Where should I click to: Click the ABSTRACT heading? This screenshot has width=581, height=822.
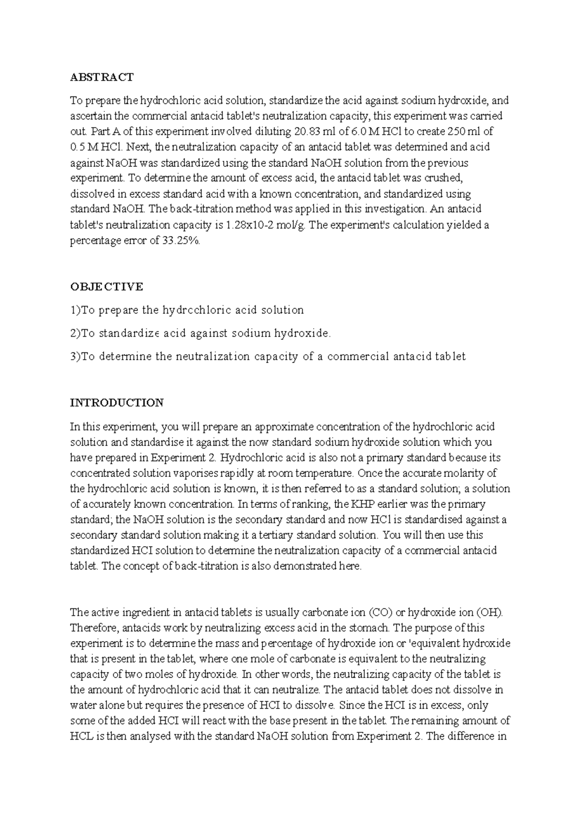click(102, 77)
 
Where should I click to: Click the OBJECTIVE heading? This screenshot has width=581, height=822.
click(107, 286)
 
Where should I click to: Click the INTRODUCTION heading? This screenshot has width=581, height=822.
click(117, 403)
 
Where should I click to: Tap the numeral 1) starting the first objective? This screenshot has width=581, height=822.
click(75, 310)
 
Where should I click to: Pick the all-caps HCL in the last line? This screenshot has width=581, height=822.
click(81, 737)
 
